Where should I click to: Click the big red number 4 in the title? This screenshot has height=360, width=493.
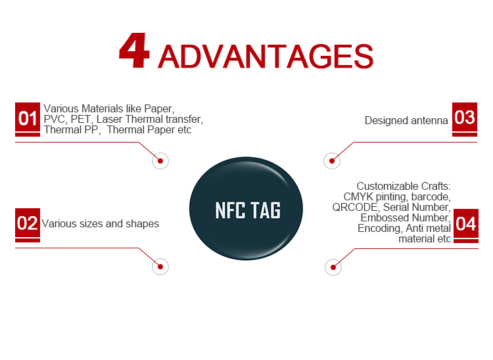pos(134,51)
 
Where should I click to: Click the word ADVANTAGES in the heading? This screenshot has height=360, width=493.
pos(266,56)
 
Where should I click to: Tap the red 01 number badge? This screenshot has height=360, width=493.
pos(28,118)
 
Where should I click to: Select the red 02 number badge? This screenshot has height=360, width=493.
pos(28,223)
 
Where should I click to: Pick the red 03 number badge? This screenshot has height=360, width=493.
pos(465,118)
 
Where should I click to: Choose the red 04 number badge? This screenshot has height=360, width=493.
pos(466,223)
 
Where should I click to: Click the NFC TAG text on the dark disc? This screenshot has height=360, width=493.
pos(248,210)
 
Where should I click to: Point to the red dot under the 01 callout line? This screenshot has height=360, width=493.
pos(160,161)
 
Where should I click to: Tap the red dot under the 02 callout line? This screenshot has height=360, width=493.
pos(160,267)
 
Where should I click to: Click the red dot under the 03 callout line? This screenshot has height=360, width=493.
pos(332,161)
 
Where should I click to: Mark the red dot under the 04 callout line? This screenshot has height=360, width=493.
pos(333,267)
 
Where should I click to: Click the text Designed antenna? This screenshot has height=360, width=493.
pos(406,121)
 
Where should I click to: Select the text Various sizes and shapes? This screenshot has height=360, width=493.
pos(101,223)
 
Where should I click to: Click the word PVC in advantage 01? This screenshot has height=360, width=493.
pos(55,120)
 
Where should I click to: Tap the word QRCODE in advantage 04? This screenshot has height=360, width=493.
pos(355,208)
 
